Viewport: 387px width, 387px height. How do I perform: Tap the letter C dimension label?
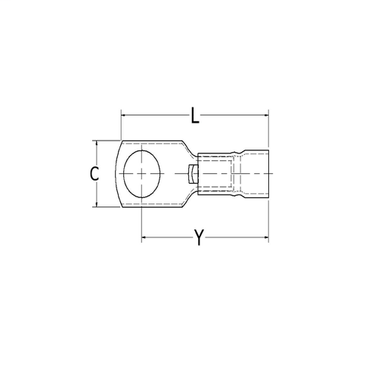tap(94, 174)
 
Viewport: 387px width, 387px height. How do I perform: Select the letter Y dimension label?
tap(198, 238)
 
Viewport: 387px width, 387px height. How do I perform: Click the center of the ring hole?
tap(142, 174)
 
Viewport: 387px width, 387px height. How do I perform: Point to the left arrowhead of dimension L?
tap(123, 115)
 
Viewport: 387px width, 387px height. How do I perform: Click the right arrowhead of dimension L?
tap(265, 115)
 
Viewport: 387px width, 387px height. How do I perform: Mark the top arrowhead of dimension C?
tap(96, 143)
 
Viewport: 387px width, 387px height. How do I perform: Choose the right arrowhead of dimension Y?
tap(265, 238)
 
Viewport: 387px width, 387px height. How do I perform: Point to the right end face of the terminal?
tap(268, 174)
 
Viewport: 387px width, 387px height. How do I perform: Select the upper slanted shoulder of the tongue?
tap(187, 148)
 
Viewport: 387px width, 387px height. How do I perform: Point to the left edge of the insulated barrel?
tap(197, 174)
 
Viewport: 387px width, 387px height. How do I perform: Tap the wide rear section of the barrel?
tap(255, 174)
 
